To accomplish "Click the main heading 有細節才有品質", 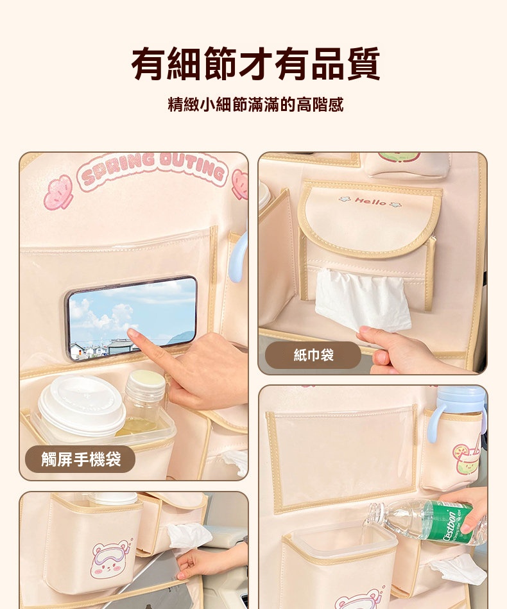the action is (255, 64).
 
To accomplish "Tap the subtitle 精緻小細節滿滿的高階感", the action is (255, 105).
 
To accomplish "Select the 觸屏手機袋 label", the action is (81, 459).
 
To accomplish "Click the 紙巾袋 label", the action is (314, 355).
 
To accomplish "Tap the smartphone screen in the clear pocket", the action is (132, 317).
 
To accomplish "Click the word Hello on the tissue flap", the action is (370, 202).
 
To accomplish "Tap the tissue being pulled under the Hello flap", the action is (363, 299).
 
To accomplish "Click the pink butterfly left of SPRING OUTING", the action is (58, 193).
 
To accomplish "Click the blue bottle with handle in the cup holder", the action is (458, 413).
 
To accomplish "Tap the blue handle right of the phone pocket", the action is (237, 256).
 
